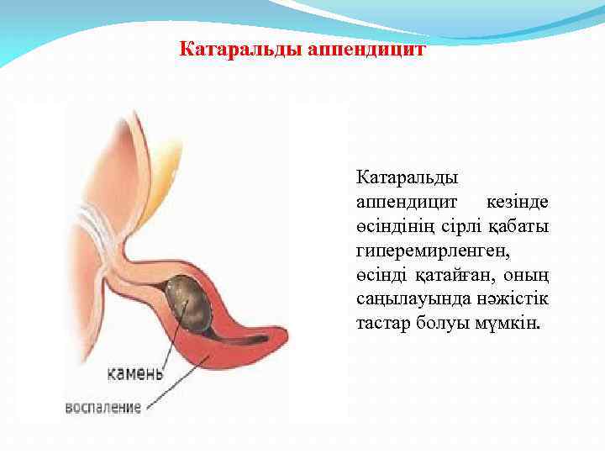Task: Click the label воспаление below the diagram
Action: tap(103, 408)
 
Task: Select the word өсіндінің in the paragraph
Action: tap(392, 227)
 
